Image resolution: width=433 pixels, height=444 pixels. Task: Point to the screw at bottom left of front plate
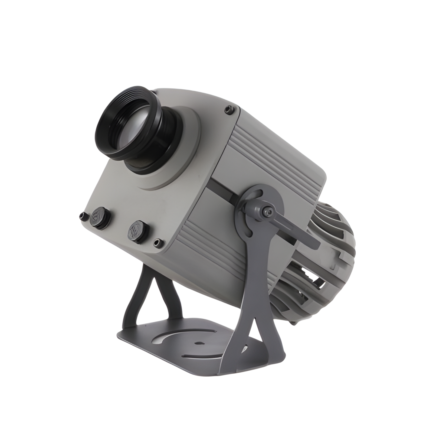pyautogui.click(x=82, y=216)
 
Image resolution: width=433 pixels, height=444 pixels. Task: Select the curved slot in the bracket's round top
pyautogui.click(x=254, y=195)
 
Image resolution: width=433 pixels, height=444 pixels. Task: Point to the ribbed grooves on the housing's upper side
pyautogui.click(x=273, y=160)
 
